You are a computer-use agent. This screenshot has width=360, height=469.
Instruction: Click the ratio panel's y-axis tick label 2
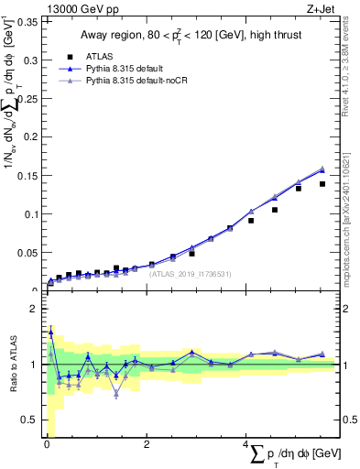pyautogui.click(x=38, y=309)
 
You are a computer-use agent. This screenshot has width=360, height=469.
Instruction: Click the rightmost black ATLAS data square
pyautogui.click(x=322, y=184)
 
